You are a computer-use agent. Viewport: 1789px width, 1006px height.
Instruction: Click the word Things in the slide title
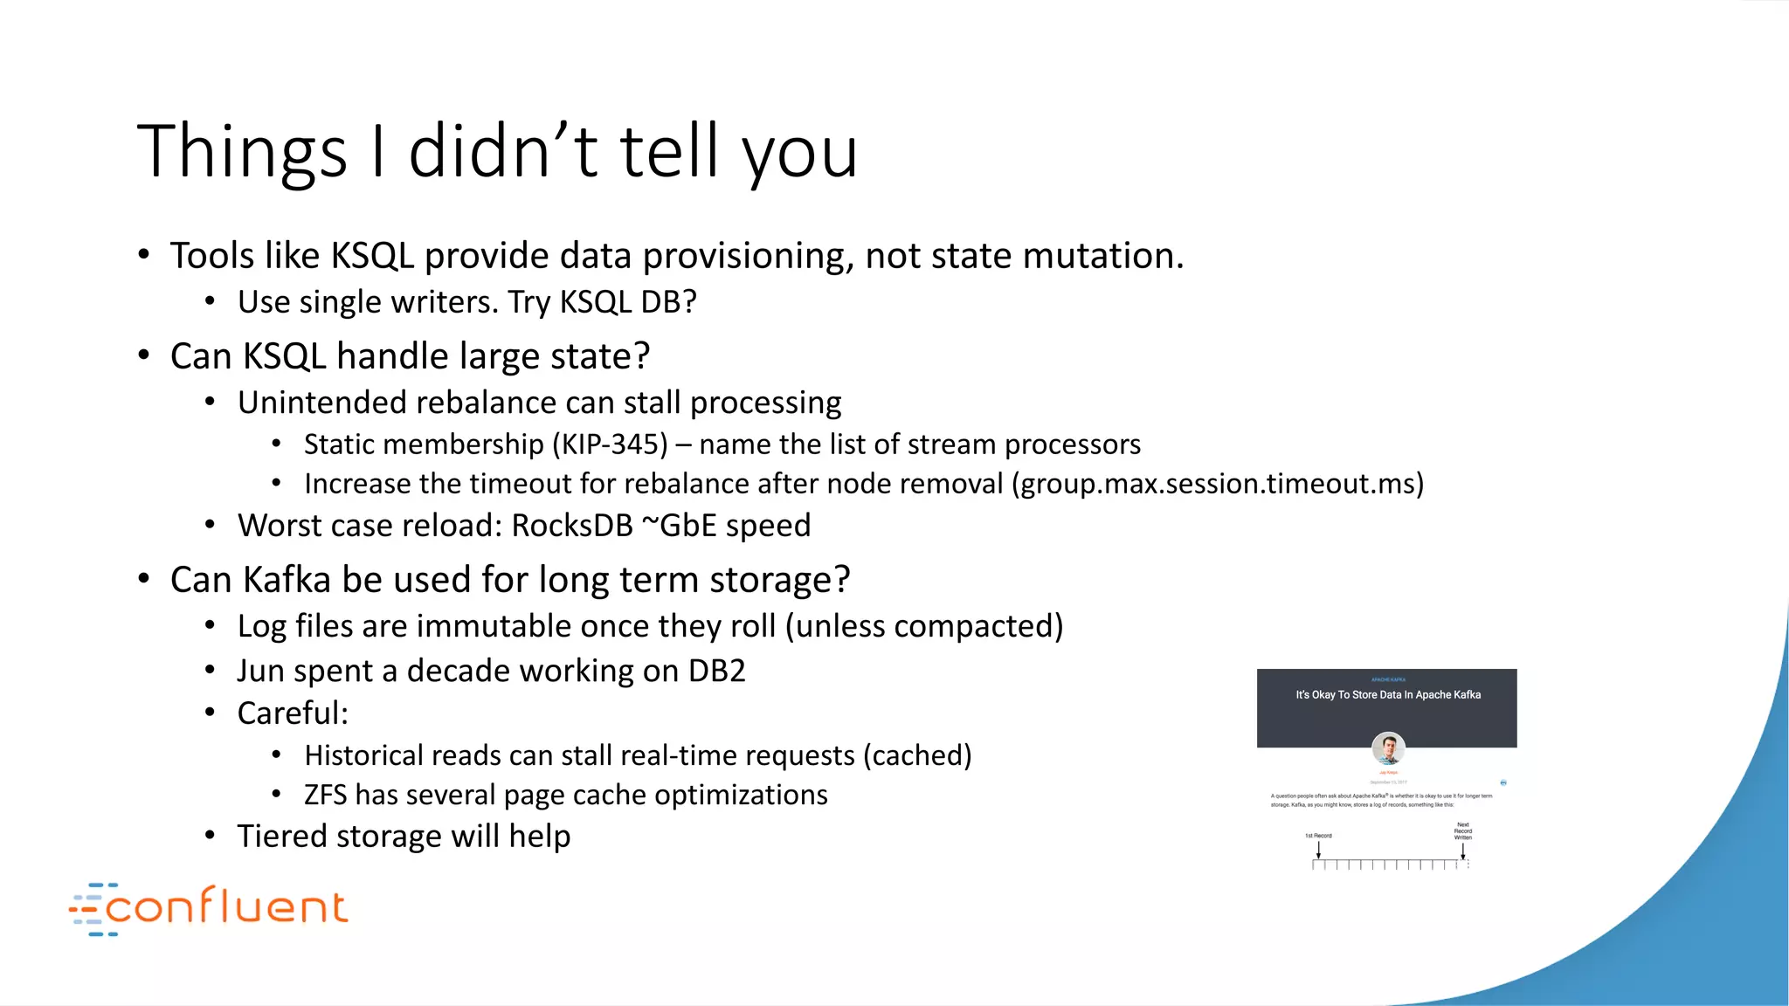242,153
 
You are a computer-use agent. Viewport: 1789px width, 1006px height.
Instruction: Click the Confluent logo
210,907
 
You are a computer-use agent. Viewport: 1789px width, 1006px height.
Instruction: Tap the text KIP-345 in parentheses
609,444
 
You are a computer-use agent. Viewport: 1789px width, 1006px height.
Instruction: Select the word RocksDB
571,526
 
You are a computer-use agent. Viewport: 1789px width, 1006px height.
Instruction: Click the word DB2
716,671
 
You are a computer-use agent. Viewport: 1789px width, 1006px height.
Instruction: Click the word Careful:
293,713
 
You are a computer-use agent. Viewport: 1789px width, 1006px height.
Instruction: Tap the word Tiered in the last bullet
282,837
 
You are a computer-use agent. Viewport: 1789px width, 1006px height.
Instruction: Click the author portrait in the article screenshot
1387,748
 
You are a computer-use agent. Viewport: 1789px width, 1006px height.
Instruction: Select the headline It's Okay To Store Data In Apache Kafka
1387,695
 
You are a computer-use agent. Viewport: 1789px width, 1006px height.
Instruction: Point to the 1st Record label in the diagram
1318,836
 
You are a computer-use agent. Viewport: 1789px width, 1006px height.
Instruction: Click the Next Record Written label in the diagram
1462,830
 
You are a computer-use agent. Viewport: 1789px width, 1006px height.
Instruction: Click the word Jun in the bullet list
259,671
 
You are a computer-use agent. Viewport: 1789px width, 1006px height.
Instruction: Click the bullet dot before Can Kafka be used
144,579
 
